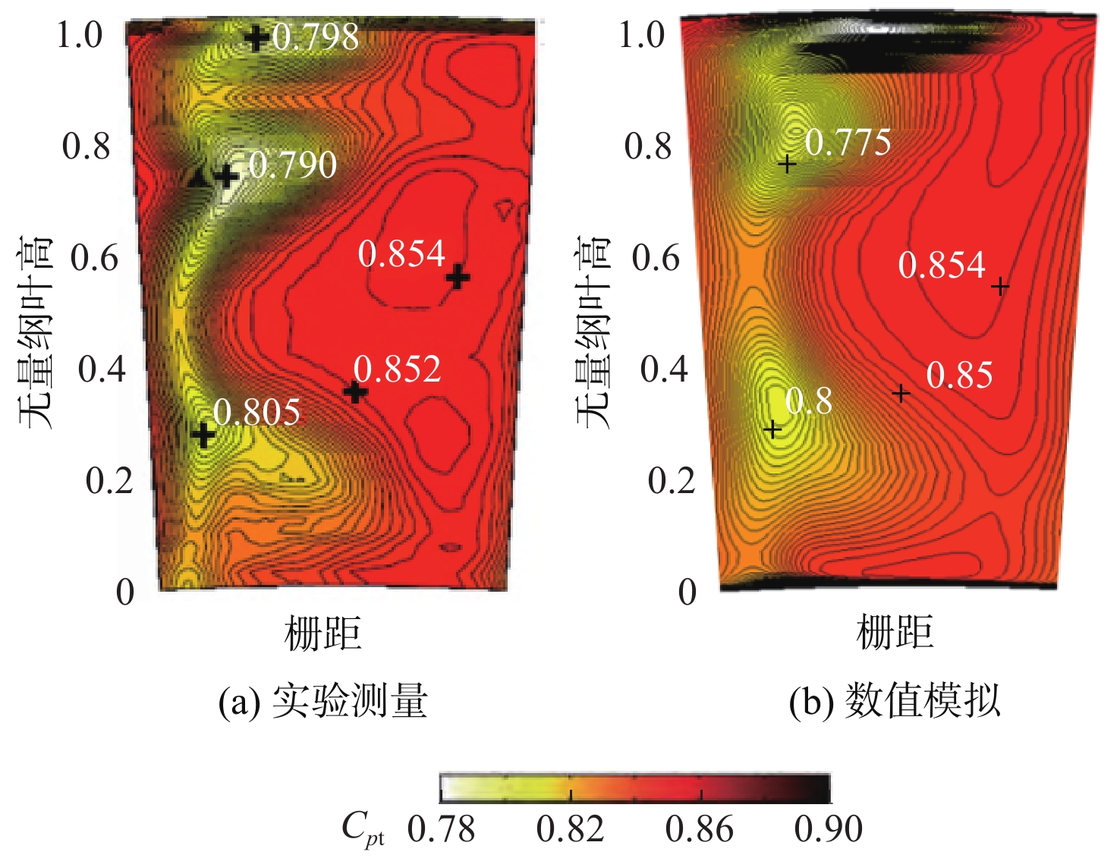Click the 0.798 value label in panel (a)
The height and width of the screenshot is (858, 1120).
(316, 36)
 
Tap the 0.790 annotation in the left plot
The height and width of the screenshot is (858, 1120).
(293, 165)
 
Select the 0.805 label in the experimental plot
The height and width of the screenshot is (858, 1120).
(256, 412)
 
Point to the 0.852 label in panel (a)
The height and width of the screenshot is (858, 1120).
(397, 369)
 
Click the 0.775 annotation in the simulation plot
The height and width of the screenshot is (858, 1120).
(848, 142)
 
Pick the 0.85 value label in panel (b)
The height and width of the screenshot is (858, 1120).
(959, 376)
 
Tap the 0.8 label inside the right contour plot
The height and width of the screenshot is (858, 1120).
(808, 401)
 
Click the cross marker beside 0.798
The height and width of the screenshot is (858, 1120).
(256, 37)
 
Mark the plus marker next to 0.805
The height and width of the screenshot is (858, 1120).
(203, 435)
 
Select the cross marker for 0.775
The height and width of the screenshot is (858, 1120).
(787, 163)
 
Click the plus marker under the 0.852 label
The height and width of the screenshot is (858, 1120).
(355, 392)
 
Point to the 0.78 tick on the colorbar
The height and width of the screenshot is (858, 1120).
(441, 829)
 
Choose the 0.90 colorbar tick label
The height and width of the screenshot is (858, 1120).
(828, 829)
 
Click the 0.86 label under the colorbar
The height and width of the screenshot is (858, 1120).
(699, 829)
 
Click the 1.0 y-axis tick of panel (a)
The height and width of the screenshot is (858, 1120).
(80, 35)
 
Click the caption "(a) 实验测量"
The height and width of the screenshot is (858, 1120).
(322, 701)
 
